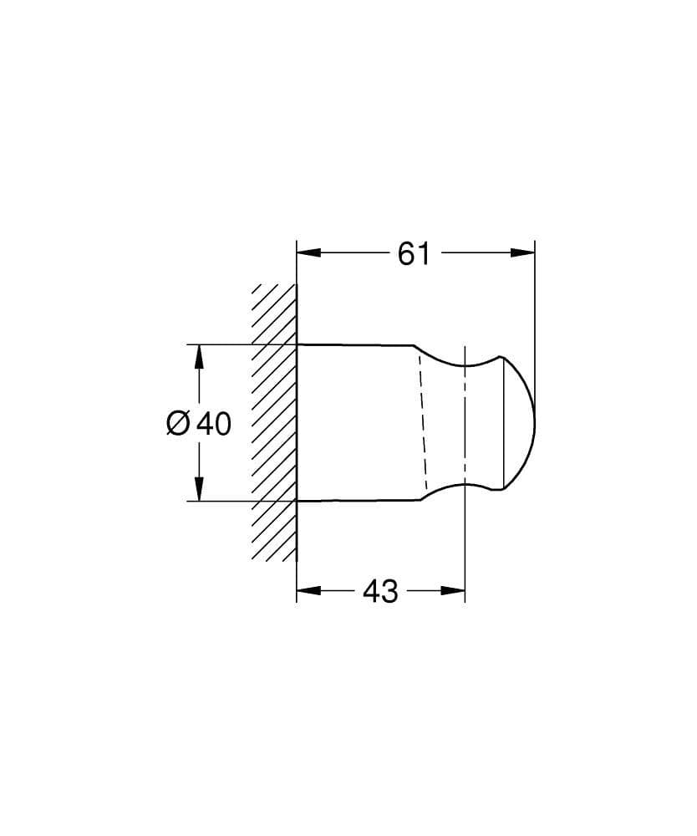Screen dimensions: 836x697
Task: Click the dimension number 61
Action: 414,252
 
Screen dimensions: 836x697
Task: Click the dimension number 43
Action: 381,592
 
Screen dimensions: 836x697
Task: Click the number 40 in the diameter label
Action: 214,424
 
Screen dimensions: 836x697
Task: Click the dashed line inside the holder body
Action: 422,422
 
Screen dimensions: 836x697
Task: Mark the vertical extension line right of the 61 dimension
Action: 535,334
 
